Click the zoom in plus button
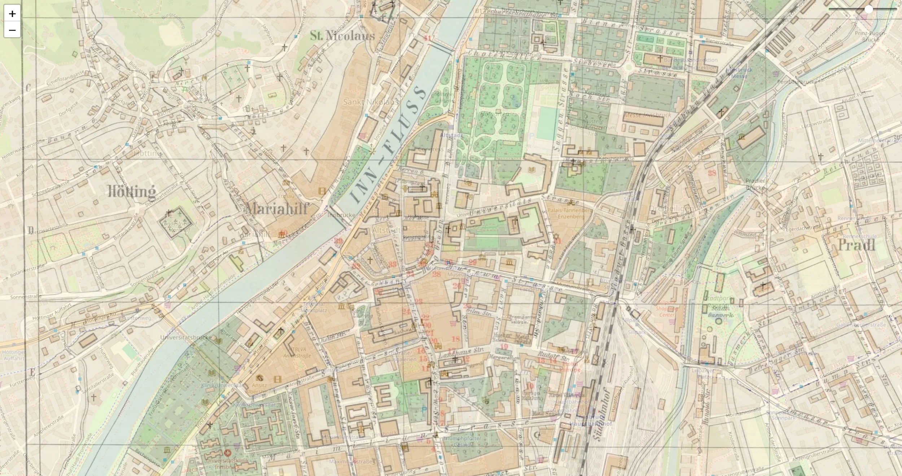click(12, 14)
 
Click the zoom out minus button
click(12, 30)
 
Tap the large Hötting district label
click(132, 191)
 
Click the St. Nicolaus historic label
click(342, 35)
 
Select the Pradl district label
click(856, 245)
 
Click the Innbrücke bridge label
click(341, 215)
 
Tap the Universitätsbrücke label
click(186, 337)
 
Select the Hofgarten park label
click(494, 114)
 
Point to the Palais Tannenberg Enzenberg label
click(570, 213)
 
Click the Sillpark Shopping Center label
click(667, 309)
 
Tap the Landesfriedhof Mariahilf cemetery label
click(179, 227)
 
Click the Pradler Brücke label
click(755, 184)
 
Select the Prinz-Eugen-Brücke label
click(870, 36)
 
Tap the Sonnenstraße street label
click(26, 297)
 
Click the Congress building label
click(430, 149)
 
